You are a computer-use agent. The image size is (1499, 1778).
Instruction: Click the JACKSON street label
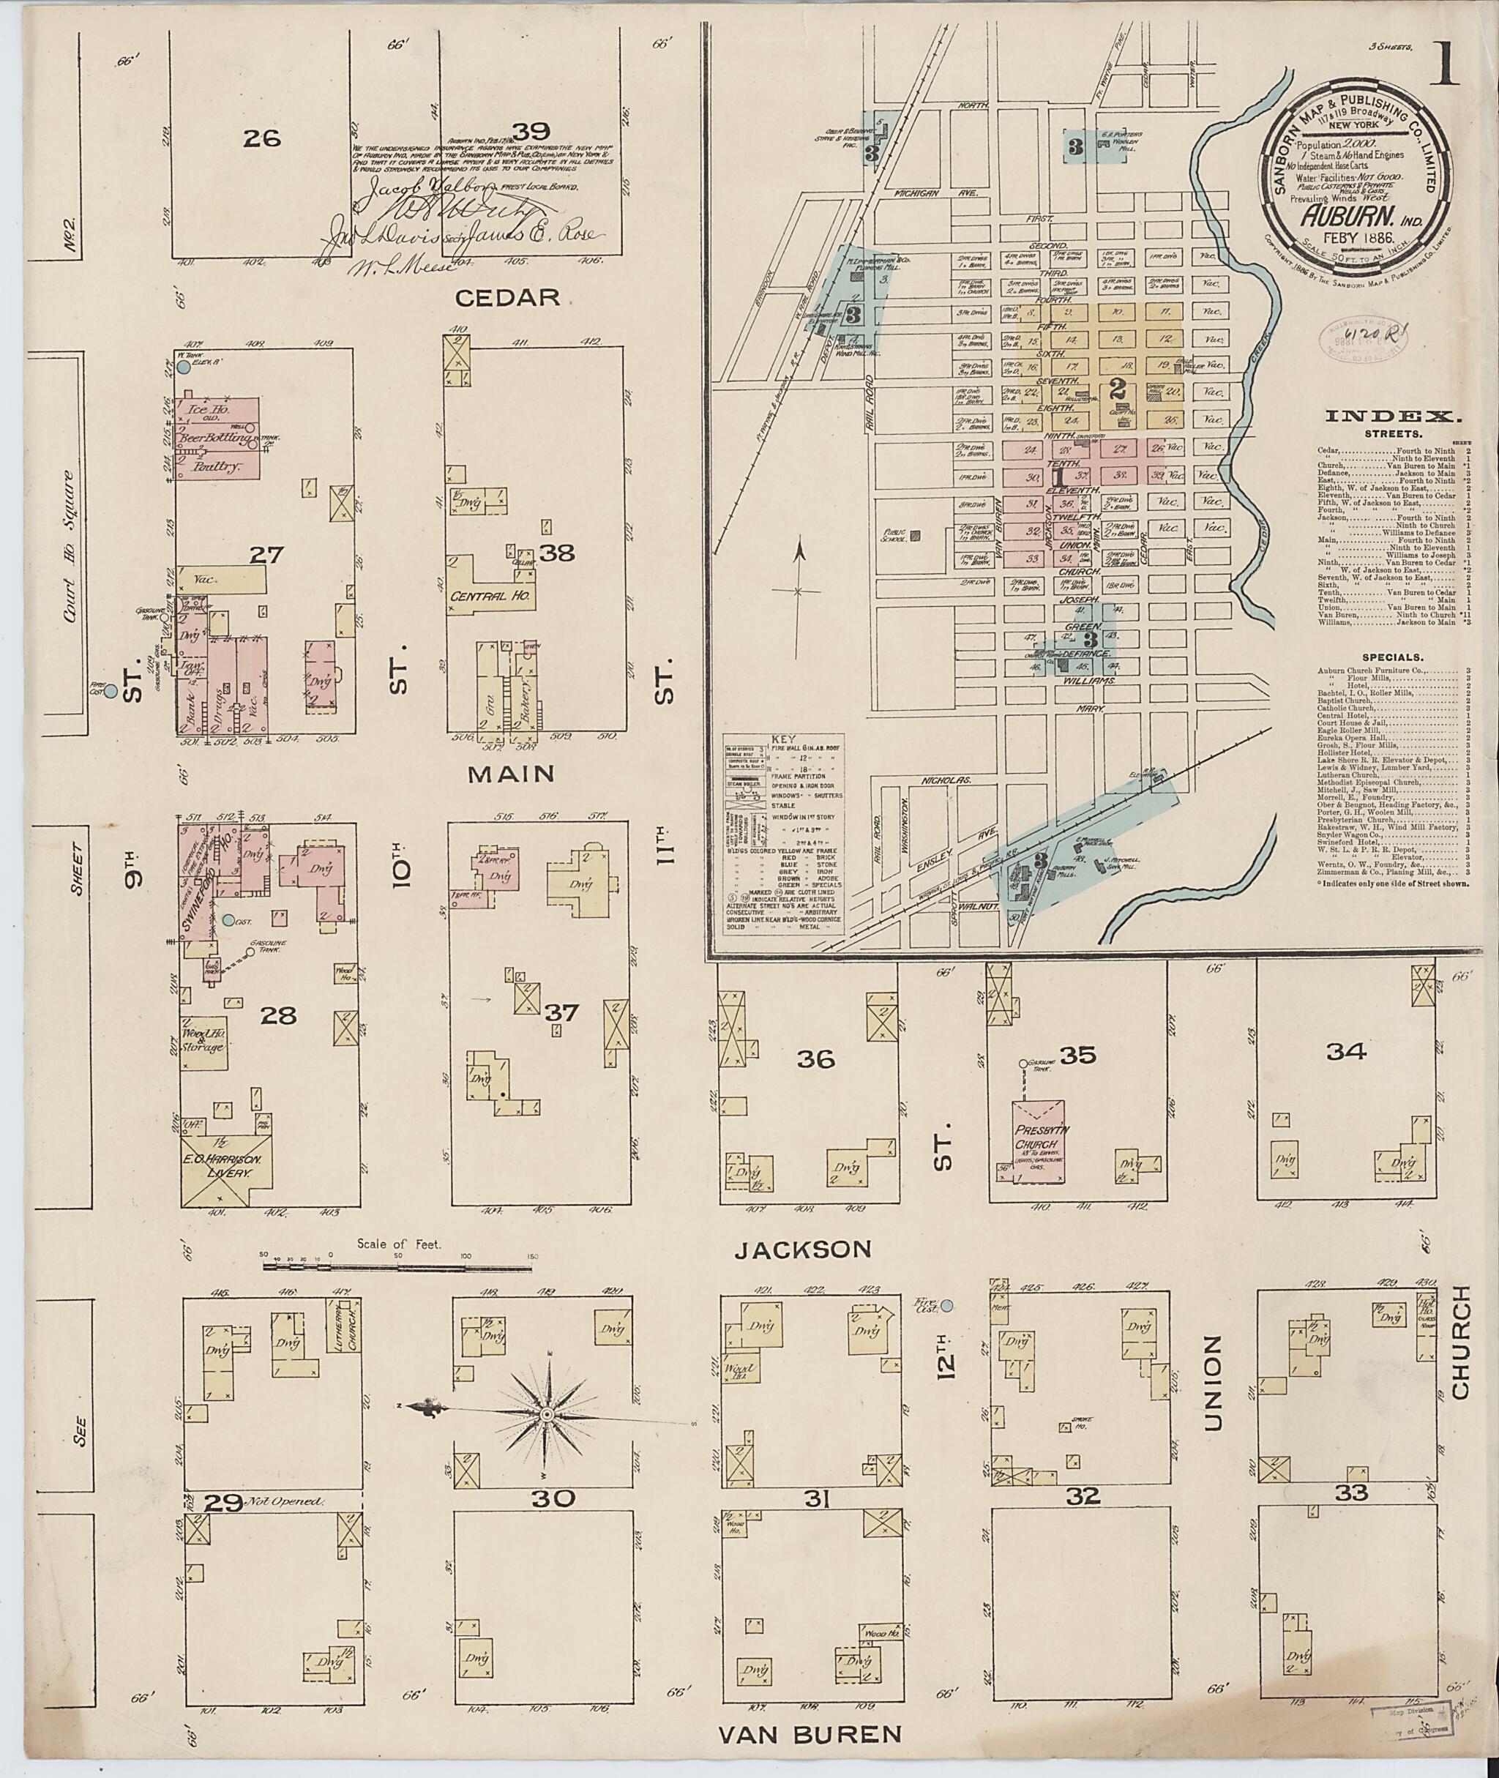803,1250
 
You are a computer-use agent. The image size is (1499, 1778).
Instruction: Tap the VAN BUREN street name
810,1727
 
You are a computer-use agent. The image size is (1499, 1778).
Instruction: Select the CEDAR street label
507,296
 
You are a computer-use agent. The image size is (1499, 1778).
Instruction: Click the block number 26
261,138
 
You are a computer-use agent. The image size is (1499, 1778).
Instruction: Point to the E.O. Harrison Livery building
228,1170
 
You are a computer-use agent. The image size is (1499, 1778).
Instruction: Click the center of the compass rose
547,1413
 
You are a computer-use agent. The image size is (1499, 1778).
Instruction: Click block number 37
561,1012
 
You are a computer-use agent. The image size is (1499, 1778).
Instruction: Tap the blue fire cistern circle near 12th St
946,1307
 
